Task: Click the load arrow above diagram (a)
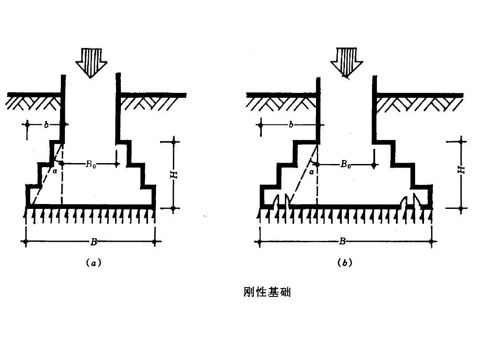[x=91, y=63]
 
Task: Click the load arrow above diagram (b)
[x=347, y=63]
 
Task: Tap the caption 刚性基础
[x=267, y=292]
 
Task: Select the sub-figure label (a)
[x=93, y=263]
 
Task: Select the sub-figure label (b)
[x=345, y=263]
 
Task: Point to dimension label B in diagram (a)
[x=93, y=242]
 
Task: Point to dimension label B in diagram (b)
[x=342, y=242]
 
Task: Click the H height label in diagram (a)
[x=174, y=175]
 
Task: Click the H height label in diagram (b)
[x=461, y=170]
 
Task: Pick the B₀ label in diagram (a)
[x=90, y=164]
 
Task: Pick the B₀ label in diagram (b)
[x=346, y=165]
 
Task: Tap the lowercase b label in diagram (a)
[x=46, y=124]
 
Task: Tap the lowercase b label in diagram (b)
[x=291, y=124]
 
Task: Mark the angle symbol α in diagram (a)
[x=55, y=172]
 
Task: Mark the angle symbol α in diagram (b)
[x=311, y=172]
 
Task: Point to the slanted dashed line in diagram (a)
[x=47, y=174]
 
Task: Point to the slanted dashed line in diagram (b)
[x=304, y=175]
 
